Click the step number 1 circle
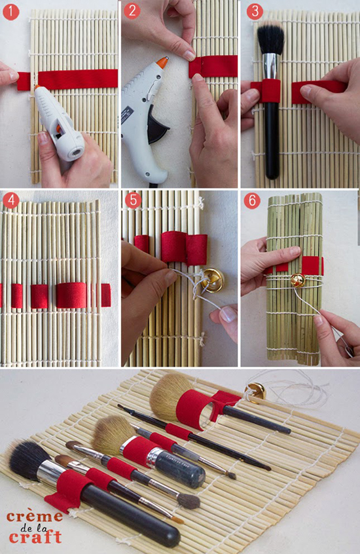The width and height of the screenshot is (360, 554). [x=11, y=12]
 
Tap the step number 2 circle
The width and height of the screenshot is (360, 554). [x=132, y=11]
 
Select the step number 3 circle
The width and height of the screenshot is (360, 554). [x=255, y=12]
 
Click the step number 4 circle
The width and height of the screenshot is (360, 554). [x=11, y=200]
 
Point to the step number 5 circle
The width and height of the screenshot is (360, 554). [x=133, y=200]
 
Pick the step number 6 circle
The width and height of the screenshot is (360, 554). [x=252, y=200]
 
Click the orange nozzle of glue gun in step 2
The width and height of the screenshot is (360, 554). [x=162, y=62]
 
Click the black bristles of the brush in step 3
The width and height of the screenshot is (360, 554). [x=270, y=37]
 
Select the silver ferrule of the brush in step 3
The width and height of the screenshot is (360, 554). [x=270, y=66]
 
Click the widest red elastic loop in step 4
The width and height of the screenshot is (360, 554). [x=71, y=295]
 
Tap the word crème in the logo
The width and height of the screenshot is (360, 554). [x=35, y=517]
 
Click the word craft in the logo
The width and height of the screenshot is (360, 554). [x=35, y=537]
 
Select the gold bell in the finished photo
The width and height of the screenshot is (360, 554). [x=255, y=392]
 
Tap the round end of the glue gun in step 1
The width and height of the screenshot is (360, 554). [x=75, y=152]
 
